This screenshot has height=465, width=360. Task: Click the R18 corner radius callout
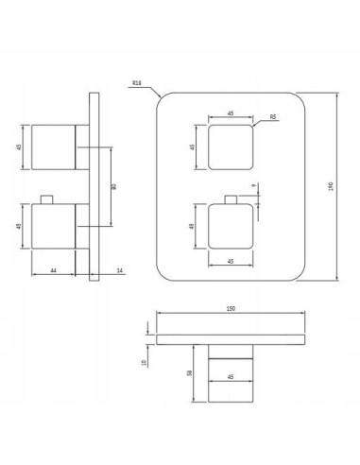pos(137,84)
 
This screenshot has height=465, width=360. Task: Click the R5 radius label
pos(272,117)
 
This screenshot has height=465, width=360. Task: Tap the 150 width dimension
pos(231,309)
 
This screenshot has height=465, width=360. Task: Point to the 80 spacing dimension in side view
pos(114,187)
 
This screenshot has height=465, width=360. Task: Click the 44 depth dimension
pos(53,270)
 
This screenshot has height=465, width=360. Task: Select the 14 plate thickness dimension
pos(119,270)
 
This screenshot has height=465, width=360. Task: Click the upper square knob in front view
pos(231,146)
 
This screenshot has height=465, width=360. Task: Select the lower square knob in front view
pos(231,228)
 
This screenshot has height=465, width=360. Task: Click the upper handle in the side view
pos(53,146)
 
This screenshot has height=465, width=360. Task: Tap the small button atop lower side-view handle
pos(44,201)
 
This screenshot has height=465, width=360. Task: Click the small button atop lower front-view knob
pos(231,202)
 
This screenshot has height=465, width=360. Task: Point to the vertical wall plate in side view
pos(93,187)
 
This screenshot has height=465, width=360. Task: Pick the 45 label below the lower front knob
pos(231,262)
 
